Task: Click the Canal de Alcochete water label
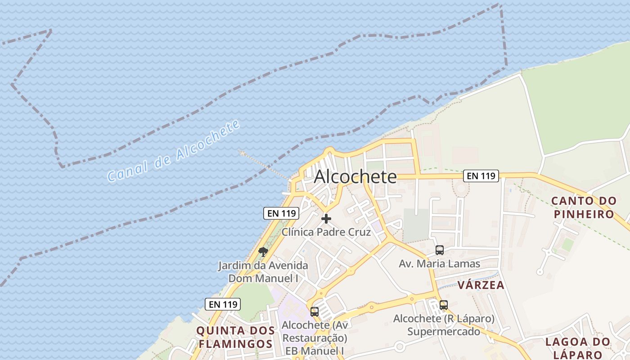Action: (x=174, y=152)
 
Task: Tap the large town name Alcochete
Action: (x=355, y=177)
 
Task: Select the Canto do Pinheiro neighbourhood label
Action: (x=584, y=207)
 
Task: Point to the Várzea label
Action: (x=481, y=285)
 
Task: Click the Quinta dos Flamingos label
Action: (x=235, y=337)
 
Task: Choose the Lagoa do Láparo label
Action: (x=578, y=348)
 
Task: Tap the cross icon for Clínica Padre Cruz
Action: (x=326, y=219)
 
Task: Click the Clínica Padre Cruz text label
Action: (x=326, y=232)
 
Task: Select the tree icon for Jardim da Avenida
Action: (x=263, y=252)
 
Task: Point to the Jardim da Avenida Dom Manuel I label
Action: (x=263, y=272)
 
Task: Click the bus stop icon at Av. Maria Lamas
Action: (x=440, y=250)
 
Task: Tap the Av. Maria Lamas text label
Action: (x=440, y=264)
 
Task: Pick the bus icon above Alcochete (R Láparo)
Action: (x=444, y=305)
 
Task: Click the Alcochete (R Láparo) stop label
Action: (x=444, y=319)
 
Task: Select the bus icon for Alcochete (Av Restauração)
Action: (x=315, y=311)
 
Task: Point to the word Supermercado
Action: (x=444, y=332)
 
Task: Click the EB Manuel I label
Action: (x=315, y=351)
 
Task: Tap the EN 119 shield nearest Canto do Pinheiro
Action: (x=481, y=176)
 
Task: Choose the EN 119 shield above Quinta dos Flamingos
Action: (x=223, y=304)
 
